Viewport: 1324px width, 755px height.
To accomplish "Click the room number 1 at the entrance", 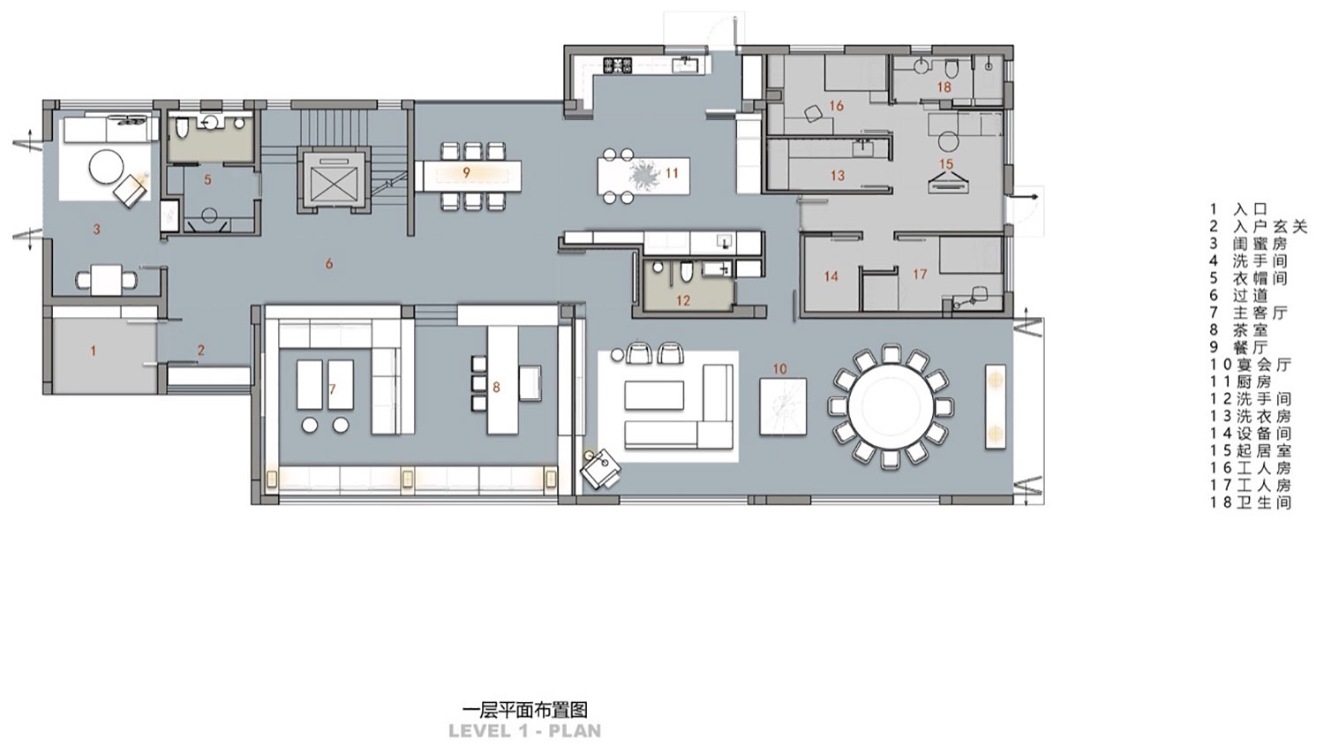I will (94, 351).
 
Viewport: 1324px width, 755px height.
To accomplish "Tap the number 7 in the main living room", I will (332, 389).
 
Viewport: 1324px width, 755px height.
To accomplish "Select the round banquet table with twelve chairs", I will (890, 407).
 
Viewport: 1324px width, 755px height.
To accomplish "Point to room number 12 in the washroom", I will (682, 300).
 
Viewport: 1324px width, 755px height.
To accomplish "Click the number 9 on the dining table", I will (466, 172).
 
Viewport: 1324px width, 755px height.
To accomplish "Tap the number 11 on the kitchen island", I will (672, 172).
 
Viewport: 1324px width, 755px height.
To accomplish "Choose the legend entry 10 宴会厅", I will (1250, 365).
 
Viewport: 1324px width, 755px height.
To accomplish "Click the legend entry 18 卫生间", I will (1250, 502).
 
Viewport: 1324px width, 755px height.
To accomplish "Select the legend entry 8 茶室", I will (1240, 330).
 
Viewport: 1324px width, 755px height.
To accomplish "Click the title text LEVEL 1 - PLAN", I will (524, 730).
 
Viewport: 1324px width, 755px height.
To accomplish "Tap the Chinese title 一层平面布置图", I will (524, 709).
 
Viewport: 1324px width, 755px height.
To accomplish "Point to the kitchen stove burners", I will (618, 64).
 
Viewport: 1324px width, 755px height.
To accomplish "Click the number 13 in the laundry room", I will (837, 176).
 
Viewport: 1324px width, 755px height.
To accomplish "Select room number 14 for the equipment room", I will (831, 276).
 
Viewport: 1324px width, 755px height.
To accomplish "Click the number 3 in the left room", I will (96, 230).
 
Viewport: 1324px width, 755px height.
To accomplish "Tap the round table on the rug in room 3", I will (108, 166).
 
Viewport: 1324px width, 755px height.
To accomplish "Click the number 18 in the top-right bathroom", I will (944, 87).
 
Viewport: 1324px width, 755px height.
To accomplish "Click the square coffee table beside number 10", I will (783, 406).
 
